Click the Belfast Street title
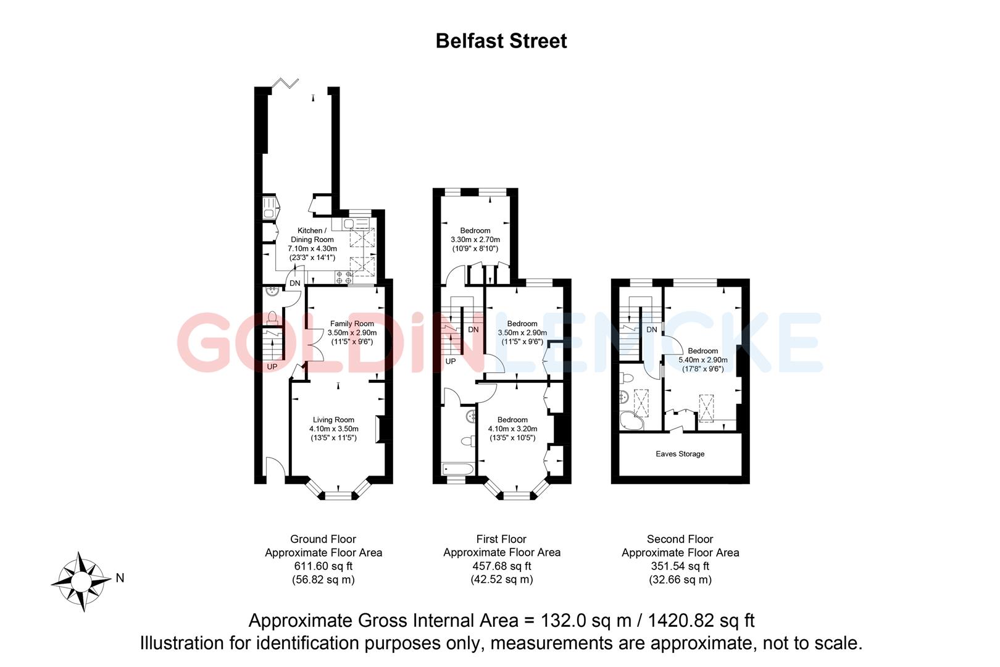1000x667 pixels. (501, 41)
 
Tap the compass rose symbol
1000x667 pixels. (81, 581)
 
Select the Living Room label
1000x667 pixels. (333, 420)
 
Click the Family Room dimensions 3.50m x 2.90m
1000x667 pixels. (352, 333)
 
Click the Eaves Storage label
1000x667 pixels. (680, 454)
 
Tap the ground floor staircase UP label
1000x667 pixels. (272, 367)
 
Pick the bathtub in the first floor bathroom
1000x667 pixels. (457, 470)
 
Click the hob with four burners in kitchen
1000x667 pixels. (344, 277)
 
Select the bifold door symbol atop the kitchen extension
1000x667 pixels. (286, 82)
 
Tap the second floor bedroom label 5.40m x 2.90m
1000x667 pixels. (702, 360)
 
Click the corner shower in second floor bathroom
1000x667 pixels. (631, 421)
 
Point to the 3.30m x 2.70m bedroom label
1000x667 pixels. (475, 240)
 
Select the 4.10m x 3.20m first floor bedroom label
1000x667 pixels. (512, 429)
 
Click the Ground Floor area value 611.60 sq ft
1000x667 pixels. (323, 566)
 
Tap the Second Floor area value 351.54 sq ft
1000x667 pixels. (680, 566)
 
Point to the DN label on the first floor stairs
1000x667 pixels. (473, 330)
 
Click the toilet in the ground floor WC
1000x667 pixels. (272, 317)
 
